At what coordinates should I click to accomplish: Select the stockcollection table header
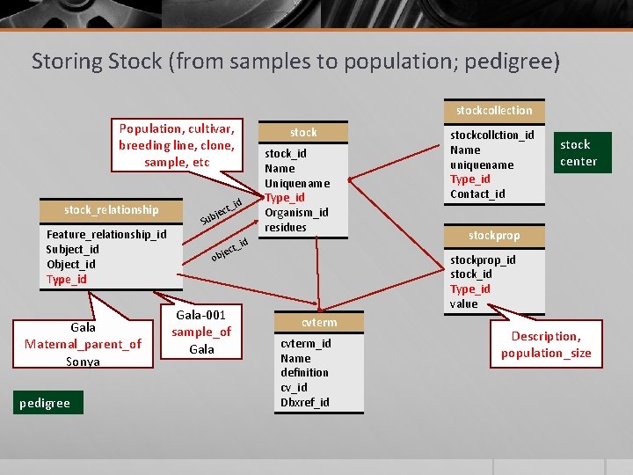pyautogui.click(x=494, y=111)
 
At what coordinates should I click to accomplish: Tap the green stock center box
pyautogui.click(x=578, y=153)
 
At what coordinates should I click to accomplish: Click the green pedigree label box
pyautogui.click(x=46, y=404)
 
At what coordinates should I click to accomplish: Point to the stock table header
pyautogui.click(x=303, y=133)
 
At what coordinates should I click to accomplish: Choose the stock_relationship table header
pyautogui.click(x=112, y=210)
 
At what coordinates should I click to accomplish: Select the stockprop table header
pyautogui.click(x=494, y=236)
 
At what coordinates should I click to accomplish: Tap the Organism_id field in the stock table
pyautogui.click(x=296, y=213)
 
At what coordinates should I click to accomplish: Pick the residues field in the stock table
pyautogui.click(x=285, y=227)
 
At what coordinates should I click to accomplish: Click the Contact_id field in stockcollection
pyautogui.click(x=477, y=194)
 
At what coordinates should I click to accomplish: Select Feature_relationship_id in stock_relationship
pyautogui.click(x=105, y=235)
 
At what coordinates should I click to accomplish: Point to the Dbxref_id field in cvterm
pyautogui.click(x=304, y=402)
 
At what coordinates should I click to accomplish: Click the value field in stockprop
pyautogui.click(x=463, y=303)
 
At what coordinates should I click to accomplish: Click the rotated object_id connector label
pyautogui.click(x=229, y=250)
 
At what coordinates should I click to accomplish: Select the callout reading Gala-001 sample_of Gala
pyautogui.click(x=201, y=332)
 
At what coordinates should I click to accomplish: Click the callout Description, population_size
pyautogui.click(x=546, y=345)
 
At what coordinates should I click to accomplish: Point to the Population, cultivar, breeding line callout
pyautogui.click(x=177, y=145)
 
